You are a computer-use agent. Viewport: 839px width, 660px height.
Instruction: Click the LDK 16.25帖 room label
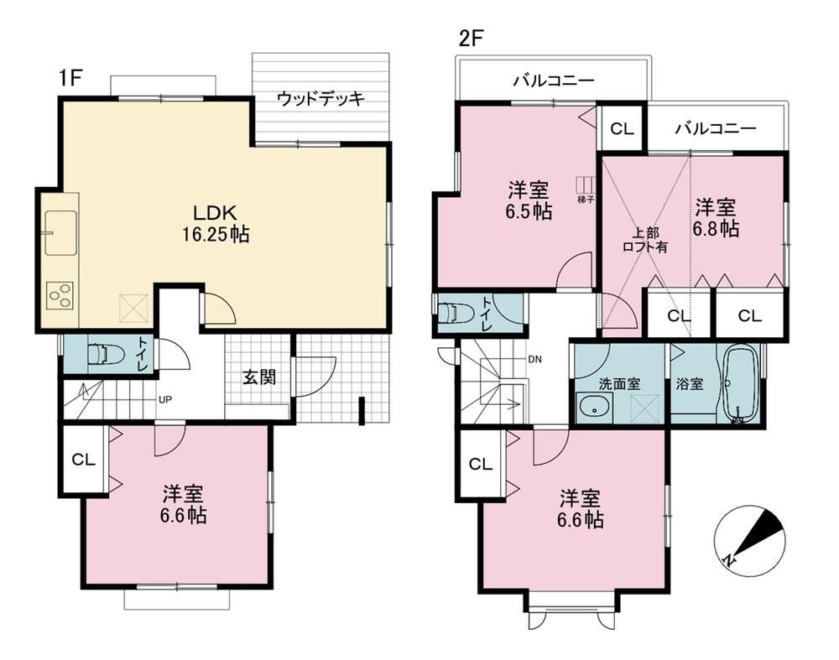coord(216,224)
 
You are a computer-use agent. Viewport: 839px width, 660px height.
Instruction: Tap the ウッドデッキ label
coord(321,99)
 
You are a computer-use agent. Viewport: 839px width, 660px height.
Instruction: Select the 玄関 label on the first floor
coord(259,377)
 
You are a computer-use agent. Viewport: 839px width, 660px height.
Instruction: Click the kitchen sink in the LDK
coord(60,232)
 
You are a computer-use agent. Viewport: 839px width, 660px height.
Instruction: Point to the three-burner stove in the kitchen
coord(60,295)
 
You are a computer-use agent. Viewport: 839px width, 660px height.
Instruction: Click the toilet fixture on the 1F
coord(105,354)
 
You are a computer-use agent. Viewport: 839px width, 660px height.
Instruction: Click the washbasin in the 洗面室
coord(595,405)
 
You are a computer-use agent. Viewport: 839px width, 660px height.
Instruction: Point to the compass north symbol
coord(750,540)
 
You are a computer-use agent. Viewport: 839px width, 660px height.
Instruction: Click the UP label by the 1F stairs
coord(164,399)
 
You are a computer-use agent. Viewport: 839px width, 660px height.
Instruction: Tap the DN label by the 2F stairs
coord(534,360)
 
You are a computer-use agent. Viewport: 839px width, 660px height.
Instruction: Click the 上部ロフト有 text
coord(645,240)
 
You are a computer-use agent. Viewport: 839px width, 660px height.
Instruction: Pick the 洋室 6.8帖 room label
coord(716,218)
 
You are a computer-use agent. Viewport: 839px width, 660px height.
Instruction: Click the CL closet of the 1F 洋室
coord(84,460)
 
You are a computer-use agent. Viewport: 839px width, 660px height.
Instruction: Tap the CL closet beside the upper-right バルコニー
coord(622,128)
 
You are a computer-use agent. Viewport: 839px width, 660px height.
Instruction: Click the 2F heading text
coord(471,39)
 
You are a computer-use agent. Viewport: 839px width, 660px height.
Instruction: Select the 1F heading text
coord(70,79)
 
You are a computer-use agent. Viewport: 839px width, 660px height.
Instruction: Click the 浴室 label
coord(690,383)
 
